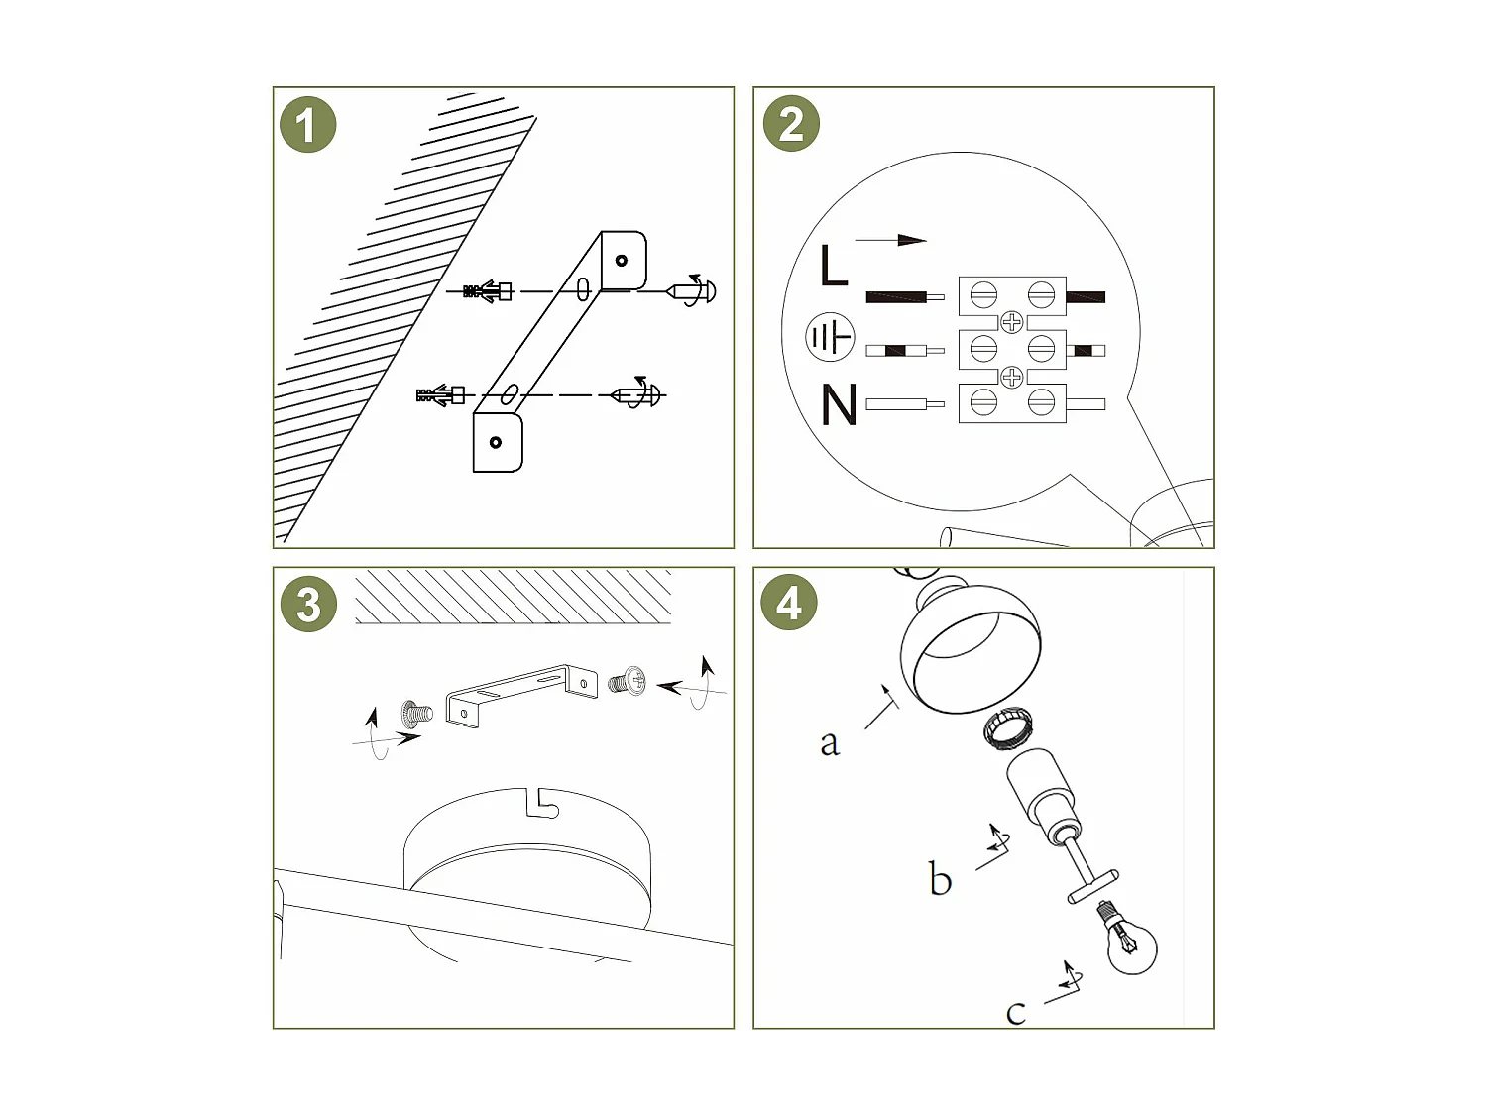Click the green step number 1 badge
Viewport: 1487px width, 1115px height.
pos(307,125)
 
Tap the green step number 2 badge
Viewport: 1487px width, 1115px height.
pos(790,123)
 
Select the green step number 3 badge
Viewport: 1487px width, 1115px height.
pos(308,604)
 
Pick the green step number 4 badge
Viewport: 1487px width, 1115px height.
pos(788,602)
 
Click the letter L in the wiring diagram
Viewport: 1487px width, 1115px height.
pos(834,266)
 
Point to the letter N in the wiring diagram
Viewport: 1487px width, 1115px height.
pos(839,404)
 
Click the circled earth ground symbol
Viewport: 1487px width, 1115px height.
pos(830,336)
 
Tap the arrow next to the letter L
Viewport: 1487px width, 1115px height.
pos(890,240)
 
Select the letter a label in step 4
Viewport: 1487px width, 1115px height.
pos(830,743)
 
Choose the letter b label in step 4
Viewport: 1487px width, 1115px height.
pos(941,879)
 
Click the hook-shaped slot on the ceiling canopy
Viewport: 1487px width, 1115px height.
pos(542,804)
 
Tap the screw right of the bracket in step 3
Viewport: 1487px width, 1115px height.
pos(627,681)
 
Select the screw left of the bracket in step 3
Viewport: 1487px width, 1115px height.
pos(416,714)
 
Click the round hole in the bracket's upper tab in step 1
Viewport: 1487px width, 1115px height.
pos(622,260)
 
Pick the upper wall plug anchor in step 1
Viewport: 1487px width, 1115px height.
pos(487,291)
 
